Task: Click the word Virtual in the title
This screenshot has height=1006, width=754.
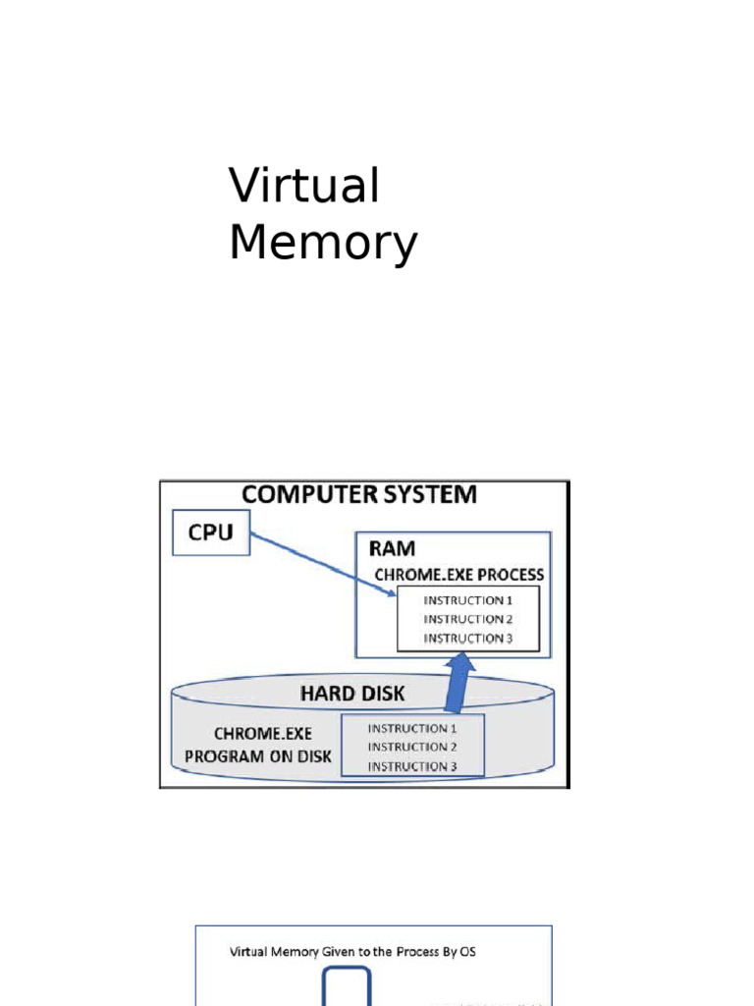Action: pyautogui.click(x=303, y=186)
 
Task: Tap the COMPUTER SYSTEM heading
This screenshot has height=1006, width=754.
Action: pyautogui.click(x=359, y=494)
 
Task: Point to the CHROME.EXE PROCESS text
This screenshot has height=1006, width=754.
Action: pyautogui.click(x=458, y=575)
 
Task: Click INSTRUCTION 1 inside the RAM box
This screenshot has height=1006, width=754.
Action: pyautogui.click(x=467, y=600)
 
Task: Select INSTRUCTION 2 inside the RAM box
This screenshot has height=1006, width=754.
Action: pyautogui.click(x=467, y=619)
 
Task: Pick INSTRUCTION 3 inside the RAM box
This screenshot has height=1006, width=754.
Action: pyautogui.click(x=467, y=638)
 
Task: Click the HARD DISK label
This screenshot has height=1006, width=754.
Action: pyautogui.click(x=351, y=694)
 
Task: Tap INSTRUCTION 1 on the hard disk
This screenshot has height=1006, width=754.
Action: pyautogui.click(x=412, y=729)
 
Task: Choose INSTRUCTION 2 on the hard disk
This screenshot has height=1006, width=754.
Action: pyautogui.click(x=412, y=748)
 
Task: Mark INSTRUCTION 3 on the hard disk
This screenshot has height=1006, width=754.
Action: pyautogui.click(x=412, y=766)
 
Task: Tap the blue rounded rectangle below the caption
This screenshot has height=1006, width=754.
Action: pyautogui.click(x=348, y=987)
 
